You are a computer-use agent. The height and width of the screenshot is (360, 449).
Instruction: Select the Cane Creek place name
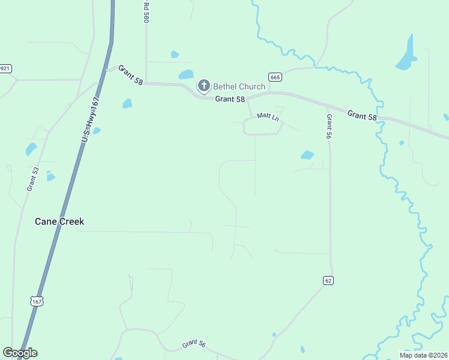click(59, 221)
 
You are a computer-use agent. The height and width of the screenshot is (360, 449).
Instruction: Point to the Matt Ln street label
click(268, 116)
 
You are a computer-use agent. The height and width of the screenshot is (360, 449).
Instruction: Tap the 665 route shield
click(275, 77)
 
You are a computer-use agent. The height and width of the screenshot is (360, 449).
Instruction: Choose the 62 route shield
click(328, 280)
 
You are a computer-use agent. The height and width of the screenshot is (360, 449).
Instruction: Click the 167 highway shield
click(37, 301)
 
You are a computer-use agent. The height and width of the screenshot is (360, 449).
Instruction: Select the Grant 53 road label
click(32, 179)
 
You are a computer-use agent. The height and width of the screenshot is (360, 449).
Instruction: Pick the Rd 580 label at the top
click(145, 12)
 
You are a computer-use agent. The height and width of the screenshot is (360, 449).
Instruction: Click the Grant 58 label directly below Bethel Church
click(230, 99)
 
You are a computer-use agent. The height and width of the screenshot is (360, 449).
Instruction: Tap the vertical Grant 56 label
click(328, 127)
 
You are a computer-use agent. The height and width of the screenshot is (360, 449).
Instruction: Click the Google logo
click(20, 353)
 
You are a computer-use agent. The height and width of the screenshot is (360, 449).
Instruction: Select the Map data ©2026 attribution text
click(423, 355)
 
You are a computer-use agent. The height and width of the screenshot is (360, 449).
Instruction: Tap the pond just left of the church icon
click(186, 75)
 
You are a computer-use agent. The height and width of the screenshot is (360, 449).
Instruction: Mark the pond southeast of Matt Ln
click(307, 155)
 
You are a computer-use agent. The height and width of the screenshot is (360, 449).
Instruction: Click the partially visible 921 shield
click(5, 68)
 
